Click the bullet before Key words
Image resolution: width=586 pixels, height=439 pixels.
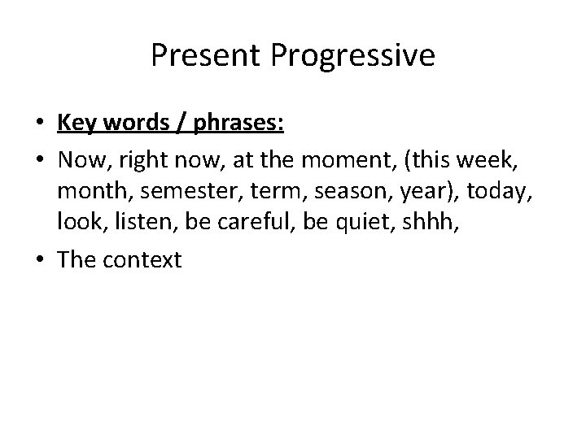pyautogui.click(x=41, y=124)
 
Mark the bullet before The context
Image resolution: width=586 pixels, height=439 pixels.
pyautogui.click(x=41, y=260)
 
